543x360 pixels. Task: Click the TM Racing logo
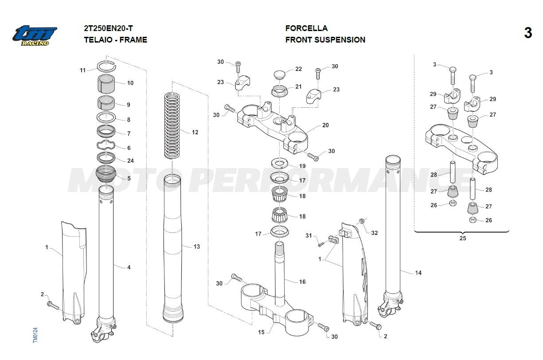point(35,35)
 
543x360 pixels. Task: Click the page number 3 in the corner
point(527,33)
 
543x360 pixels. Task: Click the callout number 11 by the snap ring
point(82,70)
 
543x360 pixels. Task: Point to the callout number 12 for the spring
point(195,132)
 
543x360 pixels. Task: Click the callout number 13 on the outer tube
point(197,247)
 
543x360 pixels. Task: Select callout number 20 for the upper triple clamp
point(325,125)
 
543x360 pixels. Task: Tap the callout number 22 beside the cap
point(298,69)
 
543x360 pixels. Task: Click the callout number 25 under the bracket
point(462,238)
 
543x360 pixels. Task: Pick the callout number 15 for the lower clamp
point(261,332)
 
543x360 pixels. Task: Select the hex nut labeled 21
point(280,91)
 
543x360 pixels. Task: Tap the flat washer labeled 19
point(279,162)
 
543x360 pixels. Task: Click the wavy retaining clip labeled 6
point(107,145)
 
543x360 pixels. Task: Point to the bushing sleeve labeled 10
point(106,83)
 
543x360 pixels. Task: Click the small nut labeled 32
point(362,220)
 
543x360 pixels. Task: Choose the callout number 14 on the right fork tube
point(418,273)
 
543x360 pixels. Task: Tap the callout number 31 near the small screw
point(309,236)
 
